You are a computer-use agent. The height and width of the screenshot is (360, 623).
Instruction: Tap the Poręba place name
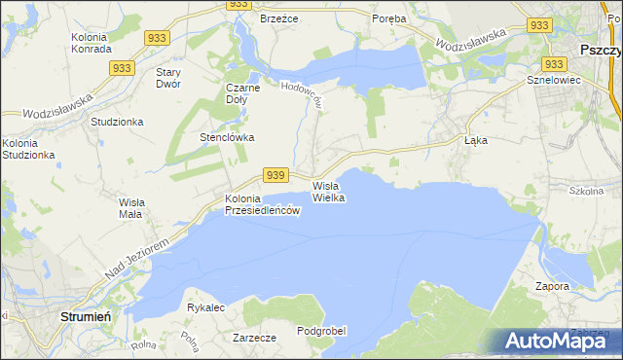coord(390,18)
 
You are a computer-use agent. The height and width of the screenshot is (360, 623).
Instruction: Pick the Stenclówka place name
coord(227,137)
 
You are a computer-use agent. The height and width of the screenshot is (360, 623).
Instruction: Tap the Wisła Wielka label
coord(329,192)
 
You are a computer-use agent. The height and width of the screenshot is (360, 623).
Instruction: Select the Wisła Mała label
coord(131,207)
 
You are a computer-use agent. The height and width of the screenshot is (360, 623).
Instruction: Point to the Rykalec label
coord(205,307)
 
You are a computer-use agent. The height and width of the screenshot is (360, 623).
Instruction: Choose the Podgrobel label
coord(321,331)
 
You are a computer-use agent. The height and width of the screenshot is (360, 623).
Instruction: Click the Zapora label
coord(552,287)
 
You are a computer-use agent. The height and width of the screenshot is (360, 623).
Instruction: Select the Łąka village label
coord(475,140)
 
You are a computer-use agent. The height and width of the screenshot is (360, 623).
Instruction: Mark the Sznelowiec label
coord(553,80)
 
